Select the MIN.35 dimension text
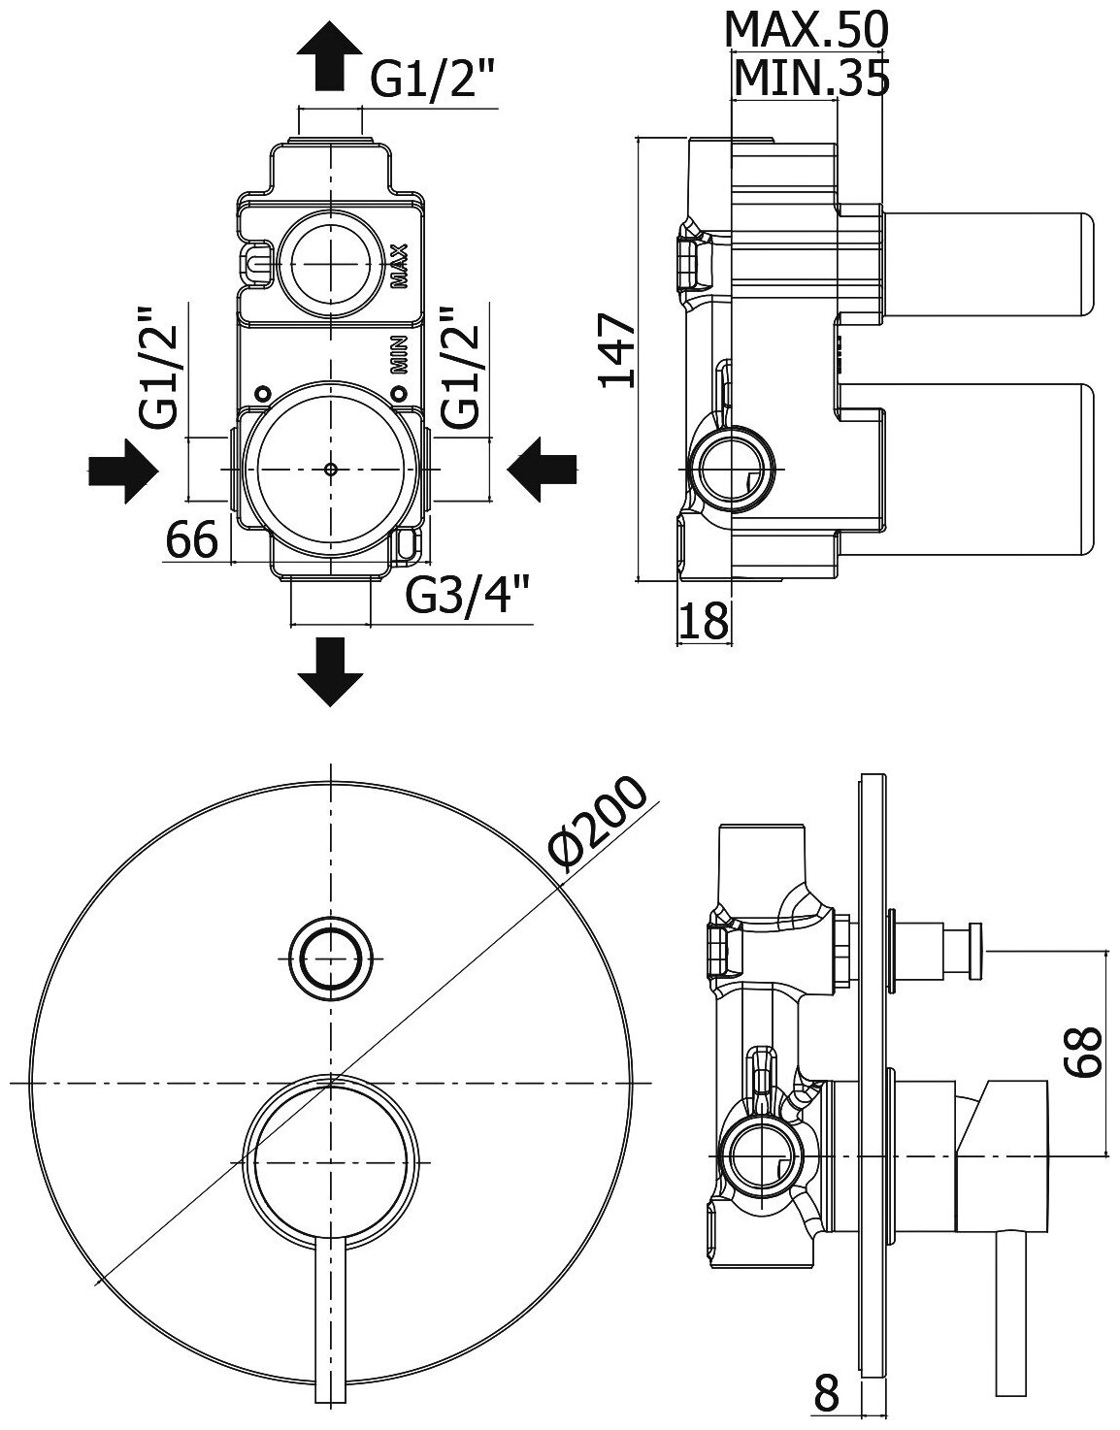810,79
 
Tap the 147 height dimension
616,349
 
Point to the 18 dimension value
702,622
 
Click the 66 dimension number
191,539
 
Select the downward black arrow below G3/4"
331,670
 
